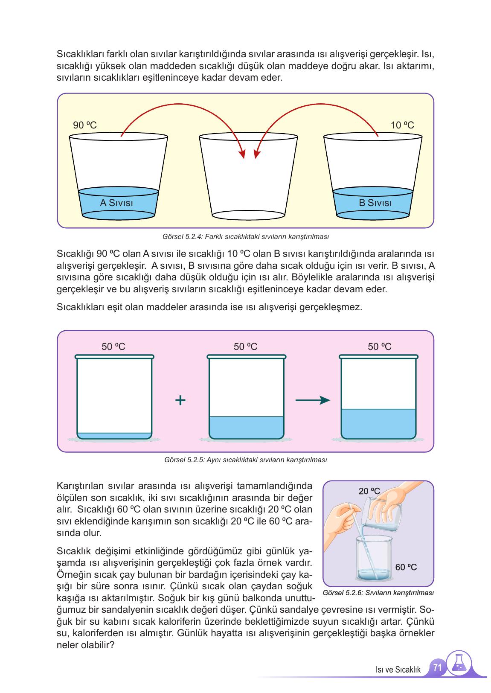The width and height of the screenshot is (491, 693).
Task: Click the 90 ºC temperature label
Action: [x=85, y=125]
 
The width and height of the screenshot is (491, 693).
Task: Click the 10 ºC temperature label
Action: [x=402, y=125]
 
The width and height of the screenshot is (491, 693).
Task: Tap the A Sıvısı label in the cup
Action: [x=116, y=203]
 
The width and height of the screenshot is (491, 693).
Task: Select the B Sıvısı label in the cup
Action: [x=375, y=203]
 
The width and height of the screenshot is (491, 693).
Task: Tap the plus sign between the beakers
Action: [x=180, y=400]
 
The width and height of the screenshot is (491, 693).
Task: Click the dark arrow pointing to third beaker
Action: [x=313, y=400]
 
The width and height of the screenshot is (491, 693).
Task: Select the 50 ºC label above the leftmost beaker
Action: [x=113, y=347]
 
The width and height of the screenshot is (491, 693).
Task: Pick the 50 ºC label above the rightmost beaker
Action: [x=379, y=347]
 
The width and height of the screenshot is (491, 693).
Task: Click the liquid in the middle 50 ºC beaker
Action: [x=246, y=427]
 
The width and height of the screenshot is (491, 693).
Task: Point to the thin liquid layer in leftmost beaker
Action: [x=114, y=436]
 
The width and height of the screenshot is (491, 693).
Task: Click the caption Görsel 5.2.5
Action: [x=245, y=460]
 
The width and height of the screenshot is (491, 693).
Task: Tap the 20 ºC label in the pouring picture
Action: [x=369, y=491]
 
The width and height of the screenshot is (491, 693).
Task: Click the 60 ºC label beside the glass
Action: [x=406, y=567]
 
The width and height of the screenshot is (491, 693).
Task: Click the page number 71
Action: [x=436, y=667]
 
